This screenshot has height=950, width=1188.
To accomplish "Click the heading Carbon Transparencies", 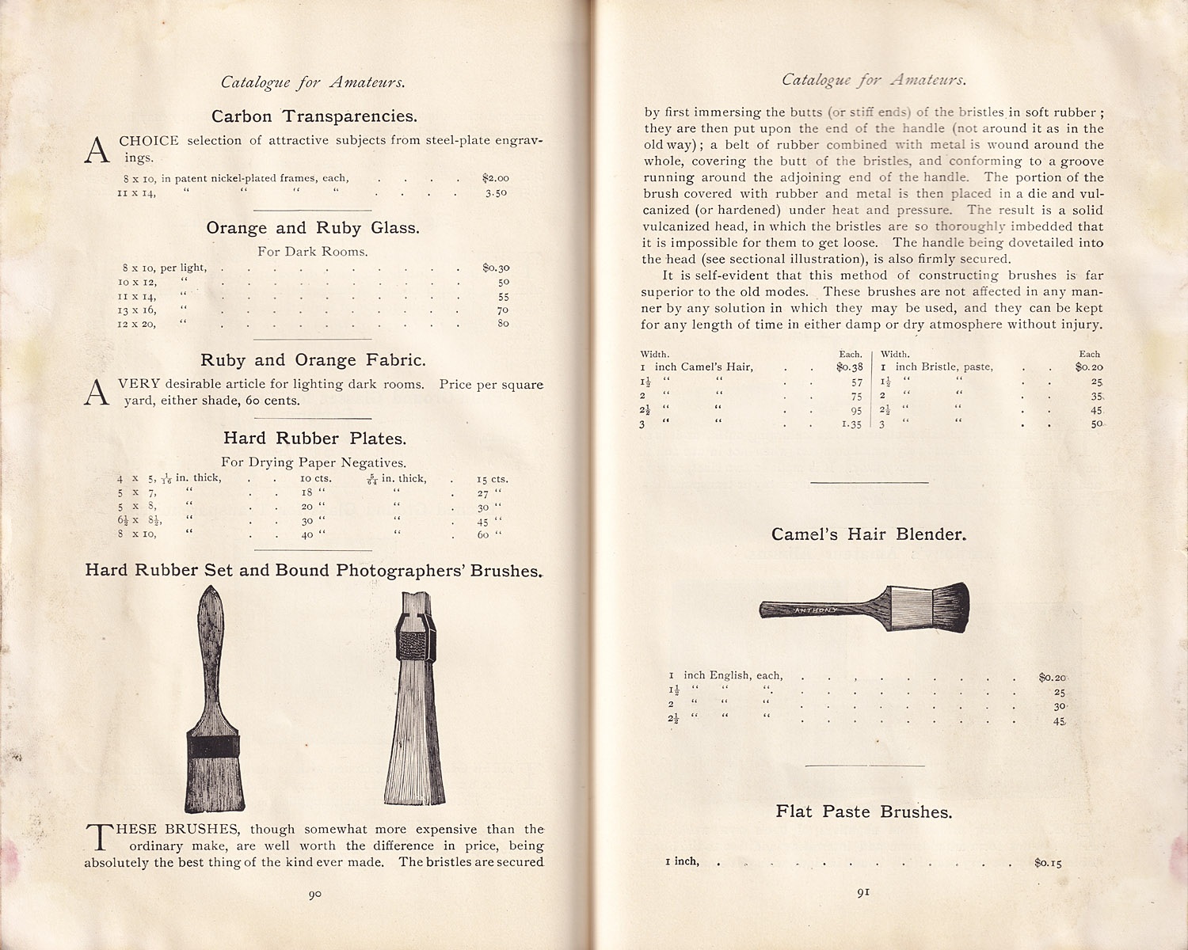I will coord(314,116).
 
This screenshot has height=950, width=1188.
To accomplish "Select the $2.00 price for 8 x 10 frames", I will coord(495,178).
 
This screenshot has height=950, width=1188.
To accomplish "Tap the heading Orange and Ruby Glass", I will coord(313,228).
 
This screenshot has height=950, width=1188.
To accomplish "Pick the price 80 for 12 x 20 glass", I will coord(503,323).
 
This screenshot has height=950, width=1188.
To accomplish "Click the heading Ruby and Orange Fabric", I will coord(313,360).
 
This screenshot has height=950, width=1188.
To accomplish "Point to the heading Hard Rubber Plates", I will coord(314,439).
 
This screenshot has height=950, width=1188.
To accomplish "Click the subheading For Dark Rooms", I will coord(312,252).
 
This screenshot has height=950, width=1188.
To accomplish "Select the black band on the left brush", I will coord(212,746).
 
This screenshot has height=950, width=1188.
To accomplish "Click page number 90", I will coord(314,895).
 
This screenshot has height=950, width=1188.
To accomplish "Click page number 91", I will coord(863,892).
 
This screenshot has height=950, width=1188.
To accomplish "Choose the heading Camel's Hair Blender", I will coord(869,534).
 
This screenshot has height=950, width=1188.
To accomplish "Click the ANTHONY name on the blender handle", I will coord(816,610).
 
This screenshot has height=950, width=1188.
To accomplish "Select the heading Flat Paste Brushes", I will coord(864,812).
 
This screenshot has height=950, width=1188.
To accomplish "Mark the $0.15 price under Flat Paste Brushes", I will coord(1048,862).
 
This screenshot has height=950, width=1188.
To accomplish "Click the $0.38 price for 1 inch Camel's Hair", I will coord(849,367).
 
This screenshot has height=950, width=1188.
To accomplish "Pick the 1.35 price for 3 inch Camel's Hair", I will coord(851,424).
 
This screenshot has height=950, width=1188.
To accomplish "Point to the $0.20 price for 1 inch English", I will coord(1053,677).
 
